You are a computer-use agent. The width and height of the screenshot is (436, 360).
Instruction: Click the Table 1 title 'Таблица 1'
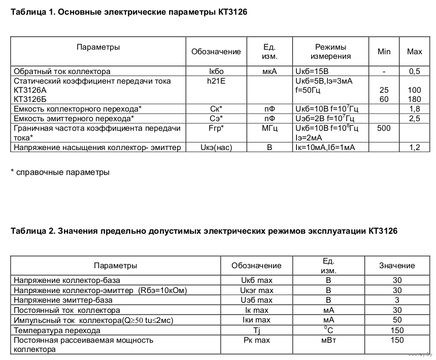point(32,11)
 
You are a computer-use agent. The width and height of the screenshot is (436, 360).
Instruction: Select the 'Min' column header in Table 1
point(384,52)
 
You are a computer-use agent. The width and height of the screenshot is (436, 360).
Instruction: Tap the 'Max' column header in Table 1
point(415,52)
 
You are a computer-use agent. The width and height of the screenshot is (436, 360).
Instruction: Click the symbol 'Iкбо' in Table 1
point(216,71)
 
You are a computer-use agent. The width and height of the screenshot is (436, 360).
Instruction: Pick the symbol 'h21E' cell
point(216,81)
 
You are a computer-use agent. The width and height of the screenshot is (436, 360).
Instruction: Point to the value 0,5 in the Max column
point(415,71)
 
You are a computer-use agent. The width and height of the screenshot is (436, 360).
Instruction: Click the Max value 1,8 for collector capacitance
point(415,109)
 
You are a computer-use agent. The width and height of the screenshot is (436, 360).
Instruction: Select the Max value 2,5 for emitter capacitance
point(415,119)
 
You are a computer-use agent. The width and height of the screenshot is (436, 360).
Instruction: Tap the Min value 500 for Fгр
point(384,128)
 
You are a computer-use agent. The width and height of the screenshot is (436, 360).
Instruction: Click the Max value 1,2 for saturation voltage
point(415,148)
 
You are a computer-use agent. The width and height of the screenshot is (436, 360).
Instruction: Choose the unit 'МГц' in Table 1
point(270,128)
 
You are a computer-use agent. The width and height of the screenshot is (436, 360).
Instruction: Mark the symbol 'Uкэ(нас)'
point(216,148)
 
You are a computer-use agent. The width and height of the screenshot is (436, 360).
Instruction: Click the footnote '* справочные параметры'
point(60,172)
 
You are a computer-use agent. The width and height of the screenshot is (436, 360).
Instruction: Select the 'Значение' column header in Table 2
point(397,266)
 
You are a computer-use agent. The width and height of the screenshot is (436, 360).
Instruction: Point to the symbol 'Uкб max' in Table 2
point(256,280)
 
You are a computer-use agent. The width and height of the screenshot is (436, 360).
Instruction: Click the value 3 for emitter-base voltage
point(397,300)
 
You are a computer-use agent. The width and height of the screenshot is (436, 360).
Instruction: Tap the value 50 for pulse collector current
point(397,320)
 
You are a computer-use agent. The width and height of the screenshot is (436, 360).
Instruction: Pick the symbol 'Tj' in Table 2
point(256,330)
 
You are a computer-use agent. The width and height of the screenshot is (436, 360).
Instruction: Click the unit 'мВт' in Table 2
point(328,340)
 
